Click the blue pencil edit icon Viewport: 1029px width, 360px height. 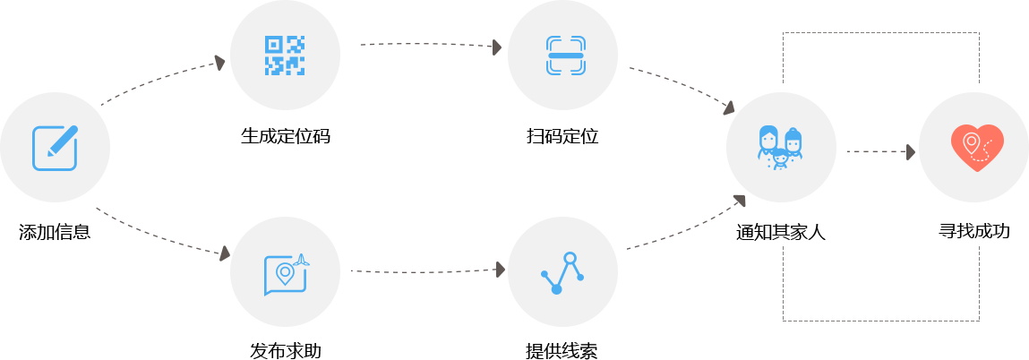55,148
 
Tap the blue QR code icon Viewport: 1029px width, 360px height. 285,56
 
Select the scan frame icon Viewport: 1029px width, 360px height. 565,56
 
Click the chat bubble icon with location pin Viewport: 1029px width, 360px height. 285,273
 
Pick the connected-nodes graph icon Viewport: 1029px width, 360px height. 562,272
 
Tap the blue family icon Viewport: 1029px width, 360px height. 780,148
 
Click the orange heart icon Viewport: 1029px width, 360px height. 976,147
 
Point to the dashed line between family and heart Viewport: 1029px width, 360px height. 877,150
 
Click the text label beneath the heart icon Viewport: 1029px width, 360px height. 974,231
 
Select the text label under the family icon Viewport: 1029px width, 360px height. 780,233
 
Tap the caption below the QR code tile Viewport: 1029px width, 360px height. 286,136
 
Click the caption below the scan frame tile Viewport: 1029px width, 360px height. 562,136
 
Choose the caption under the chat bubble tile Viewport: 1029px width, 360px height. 285,351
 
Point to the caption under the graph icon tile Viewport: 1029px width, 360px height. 562,351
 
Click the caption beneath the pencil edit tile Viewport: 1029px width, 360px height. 55,233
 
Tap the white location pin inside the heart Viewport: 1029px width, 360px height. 970,141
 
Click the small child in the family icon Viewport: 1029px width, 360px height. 781,160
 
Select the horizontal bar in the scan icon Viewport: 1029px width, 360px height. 565,56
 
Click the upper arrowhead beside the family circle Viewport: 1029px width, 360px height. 727,108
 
